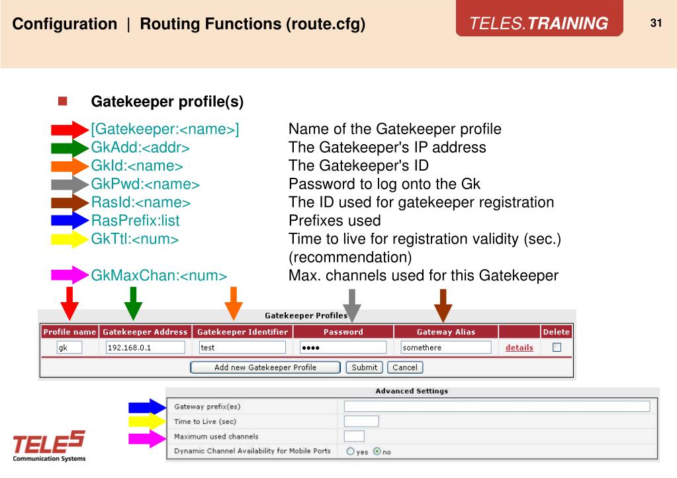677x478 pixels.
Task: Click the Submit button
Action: [x=364, y=367]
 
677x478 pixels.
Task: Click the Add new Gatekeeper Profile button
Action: [x=265, y=367]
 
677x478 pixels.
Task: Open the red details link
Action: [x=519, y=347]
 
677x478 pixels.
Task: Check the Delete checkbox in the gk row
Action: [x=557, y=347]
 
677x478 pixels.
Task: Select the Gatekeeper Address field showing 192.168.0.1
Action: [x=144, y=347]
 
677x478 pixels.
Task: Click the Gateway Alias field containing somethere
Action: [x=445, y=347]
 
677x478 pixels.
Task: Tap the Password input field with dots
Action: [x=342, y=347]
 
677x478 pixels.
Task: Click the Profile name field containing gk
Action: [x=69, y=347]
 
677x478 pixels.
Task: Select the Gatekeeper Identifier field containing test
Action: [x=242, y=347]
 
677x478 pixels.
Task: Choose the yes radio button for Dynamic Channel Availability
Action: [x=351, y=452]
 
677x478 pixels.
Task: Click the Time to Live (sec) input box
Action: [x=361, y=421]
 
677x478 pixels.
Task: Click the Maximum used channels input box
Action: [x=354, y=436]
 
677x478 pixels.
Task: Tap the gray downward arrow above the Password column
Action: [x=353, y=304]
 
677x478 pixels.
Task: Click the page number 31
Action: [x=656, y=23]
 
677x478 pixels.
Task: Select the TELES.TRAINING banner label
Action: [x=539, y=24]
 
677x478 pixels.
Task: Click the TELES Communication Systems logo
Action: [x=48, y=446]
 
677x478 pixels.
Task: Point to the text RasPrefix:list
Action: [x=135, y=219]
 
